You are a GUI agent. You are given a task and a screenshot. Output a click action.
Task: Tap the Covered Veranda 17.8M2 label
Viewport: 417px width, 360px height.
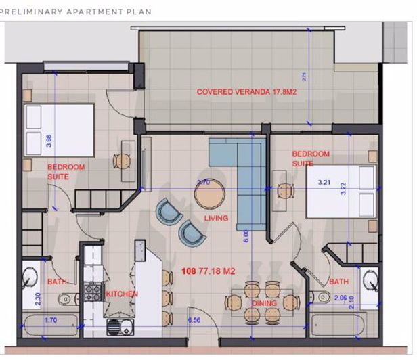(248, 91)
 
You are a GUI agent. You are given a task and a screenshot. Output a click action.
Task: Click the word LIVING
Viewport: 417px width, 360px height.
(217, 218)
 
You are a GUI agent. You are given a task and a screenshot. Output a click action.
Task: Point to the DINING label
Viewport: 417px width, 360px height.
(263, 303)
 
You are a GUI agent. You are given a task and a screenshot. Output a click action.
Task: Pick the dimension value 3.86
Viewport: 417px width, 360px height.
(47, 141)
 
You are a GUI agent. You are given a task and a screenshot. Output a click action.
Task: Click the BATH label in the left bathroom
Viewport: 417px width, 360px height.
(56, 281)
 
